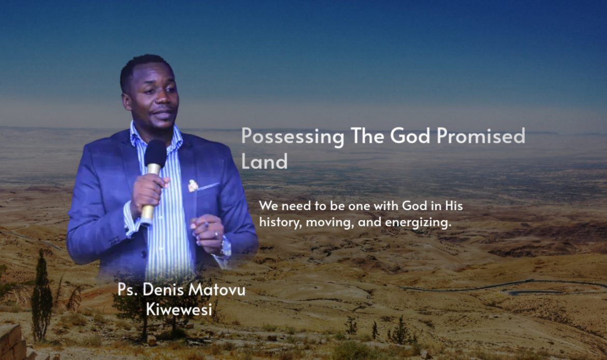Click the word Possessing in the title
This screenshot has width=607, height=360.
(x=293, y=136)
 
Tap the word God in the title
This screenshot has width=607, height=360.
(x=410, y=135)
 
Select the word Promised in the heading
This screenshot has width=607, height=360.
(x=481, y=135)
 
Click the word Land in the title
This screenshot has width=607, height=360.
(x=265, y=161)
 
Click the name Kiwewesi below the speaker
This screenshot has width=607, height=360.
(x=179, y=309)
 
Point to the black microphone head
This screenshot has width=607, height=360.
(x=155, y=152)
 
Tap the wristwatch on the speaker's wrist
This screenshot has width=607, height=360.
(x=225, y=246)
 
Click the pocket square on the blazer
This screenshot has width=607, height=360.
(x=193, y=186)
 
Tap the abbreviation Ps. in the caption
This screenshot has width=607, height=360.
(x=128, y=290)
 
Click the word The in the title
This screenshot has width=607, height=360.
(x=367, y=135)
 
